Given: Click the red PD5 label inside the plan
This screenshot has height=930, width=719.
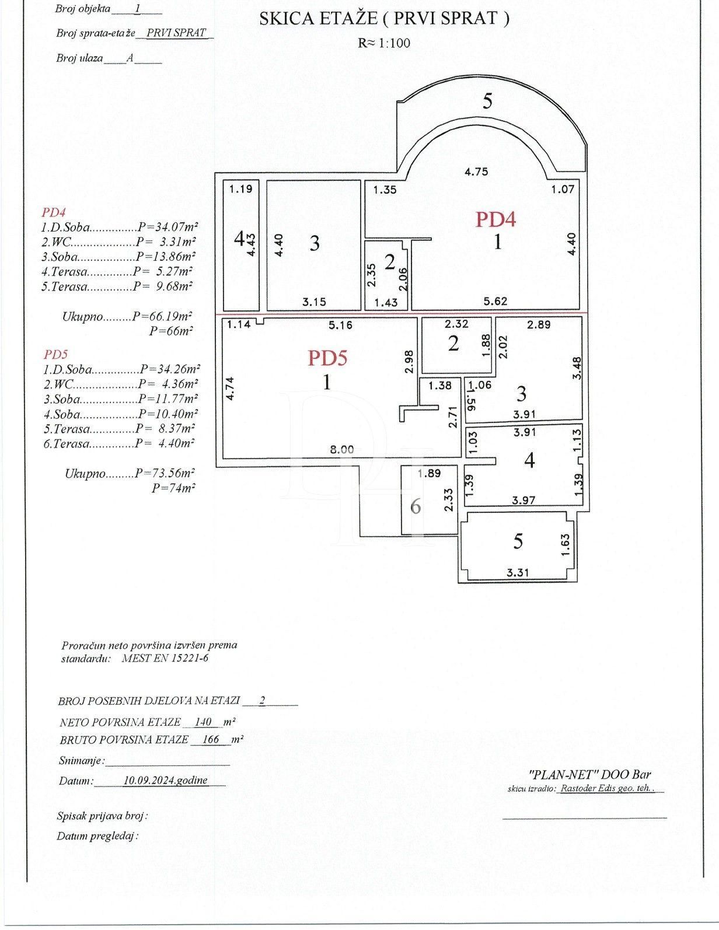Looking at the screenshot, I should (x=327, y=357).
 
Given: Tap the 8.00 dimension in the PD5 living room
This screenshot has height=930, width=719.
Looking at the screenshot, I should (x=342, y=449).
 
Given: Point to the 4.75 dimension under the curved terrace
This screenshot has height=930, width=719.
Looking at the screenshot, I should (x=476, y=172).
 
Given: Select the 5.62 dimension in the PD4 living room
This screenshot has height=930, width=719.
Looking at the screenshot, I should (x=495, y=302).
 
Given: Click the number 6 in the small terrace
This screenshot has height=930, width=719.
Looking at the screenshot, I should (x=416, y=506).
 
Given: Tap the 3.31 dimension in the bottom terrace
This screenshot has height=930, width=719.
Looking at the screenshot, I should (x=518, y=572).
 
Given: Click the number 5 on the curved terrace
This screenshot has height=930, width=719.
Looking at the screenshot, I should (x=487, y=102).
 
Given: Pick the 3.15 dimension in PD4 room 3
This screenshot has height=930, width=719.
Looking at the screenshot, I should (x=314, y=302).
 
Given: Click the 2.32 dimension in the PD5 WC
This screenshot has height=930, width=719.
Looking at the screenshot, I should (x=456, y=324).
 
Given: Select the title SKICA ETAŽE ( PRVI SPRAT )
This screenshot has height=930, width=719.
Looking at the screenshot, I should (x=384, y=19).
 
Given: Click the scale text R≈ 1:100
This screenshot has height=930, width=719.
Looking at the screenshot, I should (x=384, y=43).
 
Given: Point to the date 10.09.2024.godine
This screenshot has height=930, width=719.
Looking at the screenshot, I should (x=166, y=780).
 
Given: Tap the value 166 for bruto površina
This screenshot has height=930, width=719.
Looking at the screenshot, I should (x=210, y=740).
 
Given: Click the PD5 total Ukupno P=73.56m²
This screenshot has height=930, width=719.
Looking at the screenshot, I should (x=130, y=474).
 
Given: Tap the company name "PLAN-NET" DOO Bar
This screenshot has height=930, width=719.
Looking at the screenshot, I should (x=589, y=775).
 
